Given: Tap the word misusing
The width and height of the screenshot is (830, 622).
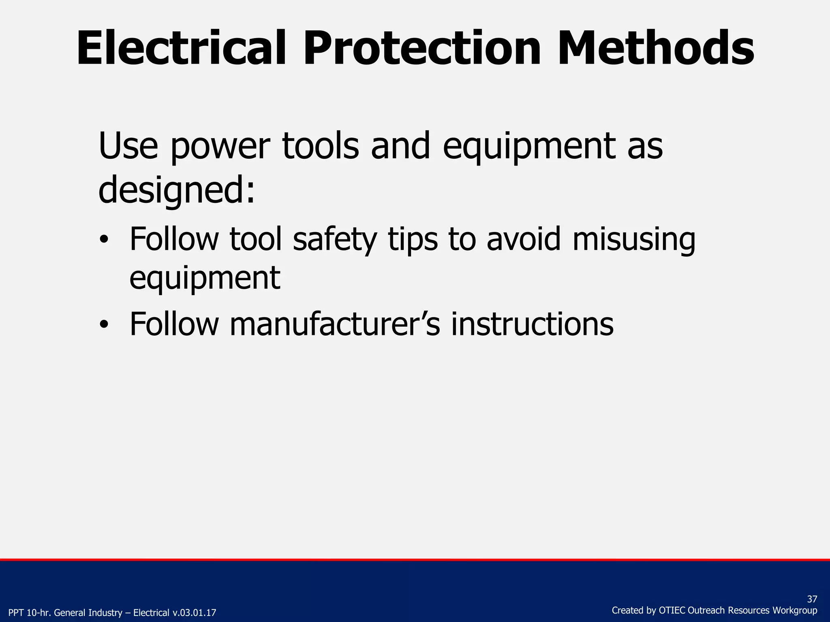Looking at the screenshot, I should pyautogui.click(x=634, y=240).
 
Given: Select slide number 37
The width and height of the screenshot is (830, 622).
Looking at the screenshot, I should pyautogui.click(x=812, y=599).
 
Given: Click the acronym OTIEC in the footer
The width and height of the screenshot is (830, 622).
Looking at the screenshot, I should pyautogui.click(x=672, y=610).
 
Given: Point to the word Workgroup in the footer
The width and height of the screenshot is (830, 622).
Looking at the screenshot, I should pyautogui.click(x=795, y=610).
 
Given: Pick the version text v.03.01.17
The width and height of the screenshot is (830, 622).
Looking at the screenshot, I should pyautogui.click(x=194, y=613).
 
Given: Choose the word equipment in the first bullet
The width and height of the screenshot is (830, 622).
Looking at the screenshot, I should pyautogui.click(x=205, y=279).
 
